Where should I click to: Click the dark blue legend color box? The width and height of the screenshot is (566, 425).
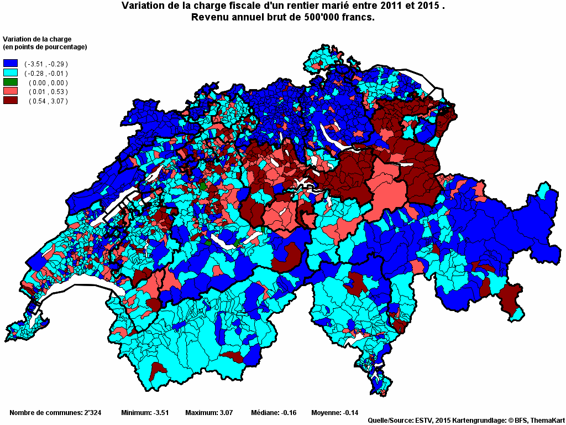(x=11, y=64)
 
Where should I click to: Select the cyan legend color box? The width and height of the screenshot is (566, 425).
(x=11, y=73)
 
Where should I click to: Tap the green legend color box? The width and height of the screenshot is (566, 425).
(x=11, y=82)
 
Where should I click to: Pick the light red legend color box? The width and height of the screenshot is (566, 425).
(x=11, y=91)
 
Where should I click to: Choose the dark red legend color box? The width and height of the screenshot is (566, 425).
(x=11, y=101)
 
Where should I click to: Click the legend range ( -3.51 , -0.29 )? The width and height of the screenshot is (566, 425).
(x=46, y=64)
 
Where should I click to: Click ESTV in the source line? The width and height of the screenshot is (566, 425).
(x=424, y=421)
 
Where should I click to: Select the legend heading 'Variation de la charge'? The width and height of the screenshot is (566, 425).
(x=37, y=39)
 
